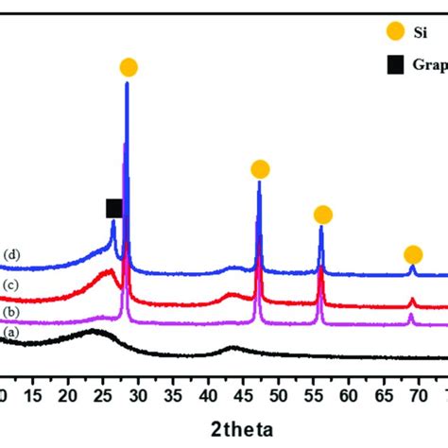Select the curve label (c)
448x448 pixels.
[x=11, y=285]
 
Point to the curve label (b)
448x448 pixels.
[x=11, y=312]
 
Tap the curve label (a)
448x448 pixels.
[x=11, y=333]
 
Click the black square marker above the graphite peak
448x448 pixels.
[x=114, y=208]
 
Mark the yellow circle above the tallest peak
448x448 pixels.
[x=129, y=67]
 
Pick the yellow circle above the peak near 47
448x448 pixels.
[x=260, y=169]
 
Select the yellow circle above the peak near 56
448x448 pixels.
[x=322, y=215]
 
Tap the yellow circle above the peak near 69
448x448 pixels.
[x=413, y=254]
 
